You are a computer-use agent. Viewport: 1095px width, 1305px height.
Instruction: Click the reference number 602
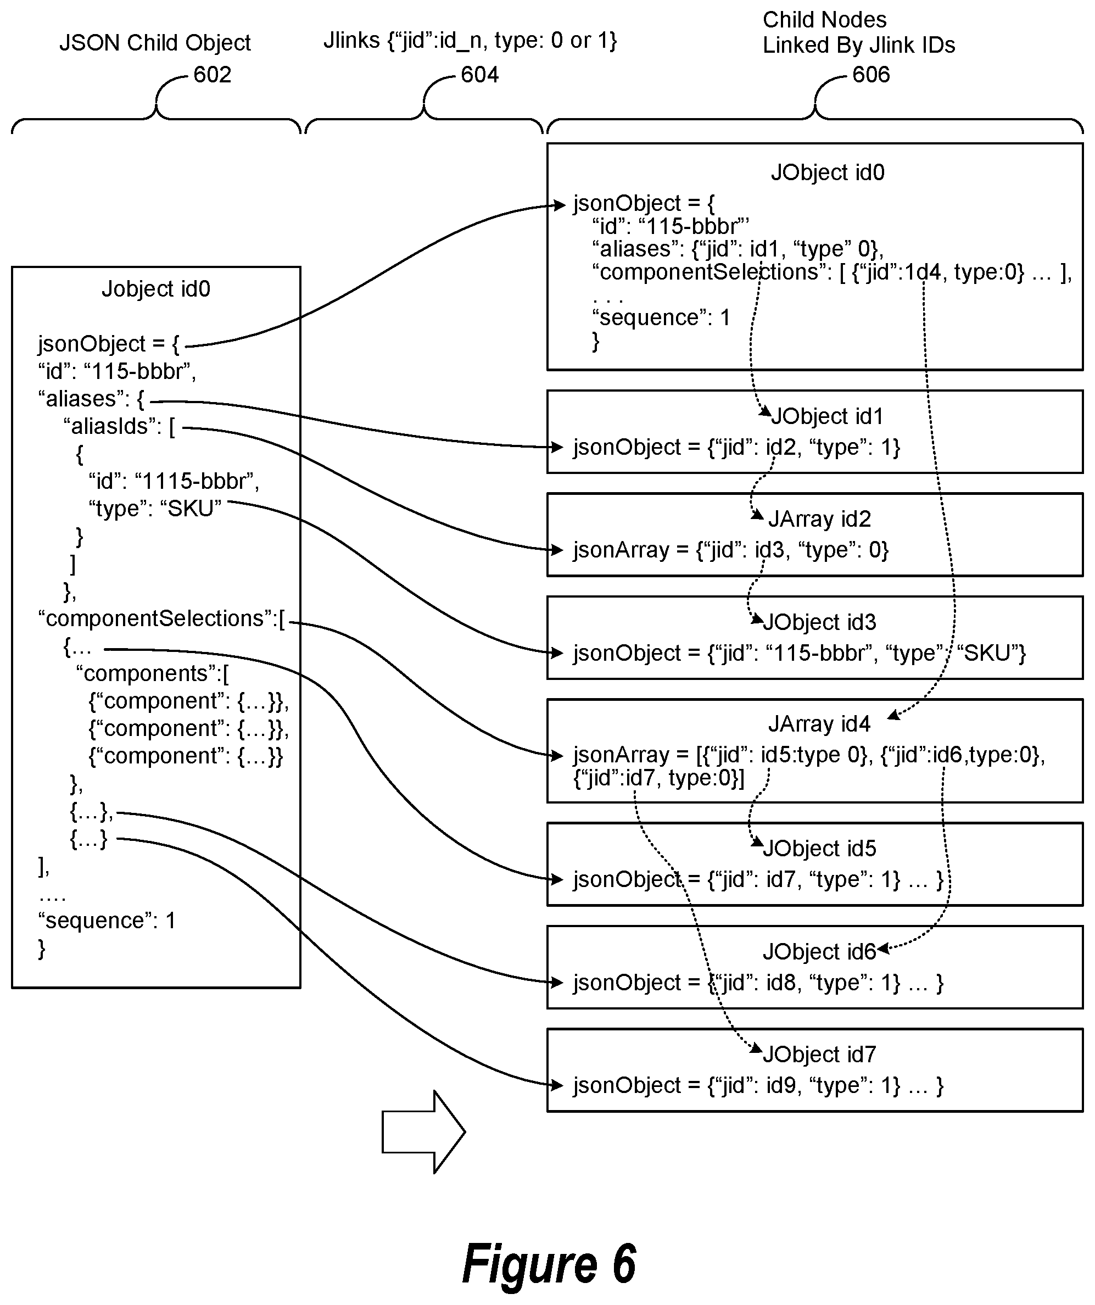tap(212, 75)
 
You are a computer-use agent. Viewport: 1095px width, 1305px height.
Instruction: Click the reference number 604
tap(480, 75)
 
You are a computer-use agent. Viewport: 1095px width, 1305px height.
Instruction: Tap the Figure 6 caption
tap(549, 1264)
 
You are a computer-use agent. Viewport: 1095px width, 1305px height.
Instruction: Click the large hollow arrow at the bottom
tap(423, 1132)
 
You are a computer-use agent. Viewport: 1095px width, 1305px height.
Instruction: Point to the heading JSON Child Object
tap(155, 43)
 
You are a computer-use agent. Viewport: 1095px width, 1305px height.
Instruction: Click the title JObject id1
tap(826, 416)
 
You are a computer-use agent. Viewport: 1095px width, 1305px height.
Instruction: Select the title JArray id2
tap(820, 519)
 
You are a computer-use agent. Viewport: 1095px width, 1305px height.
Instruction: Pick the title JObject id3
tap(819, 622)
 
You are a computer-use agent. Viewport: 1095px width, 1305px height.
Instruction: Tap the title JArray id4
tap(819, 724)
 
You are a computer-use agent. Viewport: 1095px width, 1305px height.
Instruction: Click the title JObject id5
tap(819, 848)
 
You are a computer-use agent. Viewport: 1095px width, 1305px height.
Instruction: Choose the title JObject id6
tap(819, 951)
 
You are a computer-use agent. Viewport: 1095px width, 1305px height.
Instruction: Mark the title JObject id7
tap(819, 1055)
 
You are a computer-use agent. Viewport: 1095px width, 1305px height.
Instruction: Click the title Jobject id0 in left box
tap(156, 289)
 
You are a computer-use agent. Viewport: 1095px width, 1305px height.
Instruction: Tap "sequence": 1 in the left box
tap(108, 921)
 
